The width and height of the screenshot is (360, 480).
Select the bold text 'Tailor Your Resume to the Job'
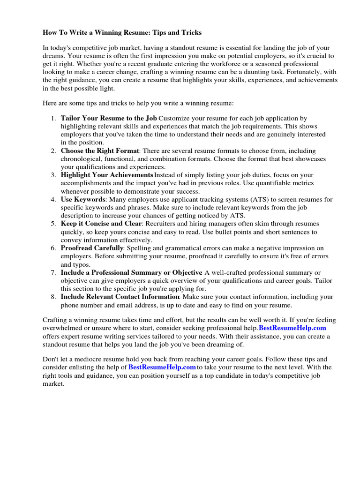109,118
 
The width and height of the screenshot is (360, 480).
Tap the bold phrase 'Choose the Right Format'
100,151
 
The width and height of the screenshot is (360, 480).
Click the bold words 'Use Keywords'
83,199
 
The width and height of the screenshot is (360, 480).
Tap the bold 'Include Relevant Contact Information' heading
120,297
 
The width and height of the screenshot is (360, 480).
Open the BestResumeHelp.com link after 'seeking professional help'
292,328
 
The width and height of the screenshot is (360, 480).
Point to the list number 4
53,199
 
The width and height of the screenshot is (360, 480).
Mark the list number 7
53,272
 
